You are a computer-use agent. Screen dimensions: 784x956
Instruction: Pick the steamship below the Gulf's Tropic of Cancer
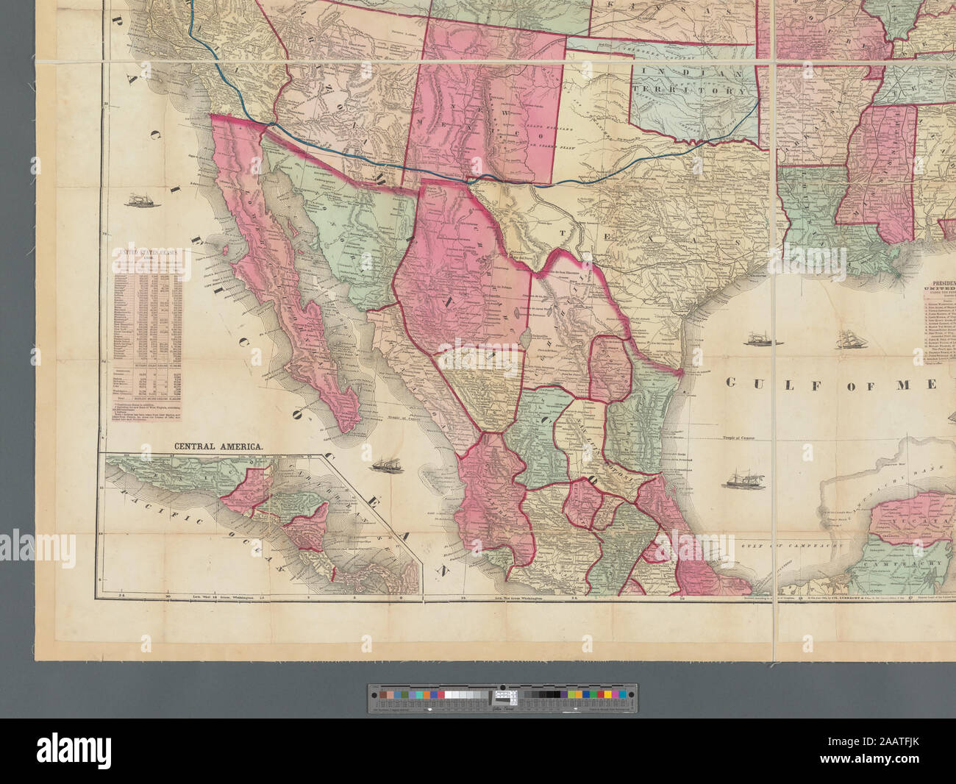click(x=736, y=480)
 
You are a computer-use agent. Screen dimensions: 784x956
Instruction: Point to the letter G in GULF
click(x=732, y=382)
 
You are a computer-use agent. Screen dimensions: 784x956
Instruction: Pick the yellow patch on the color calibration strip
click(x=575, y=694)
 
